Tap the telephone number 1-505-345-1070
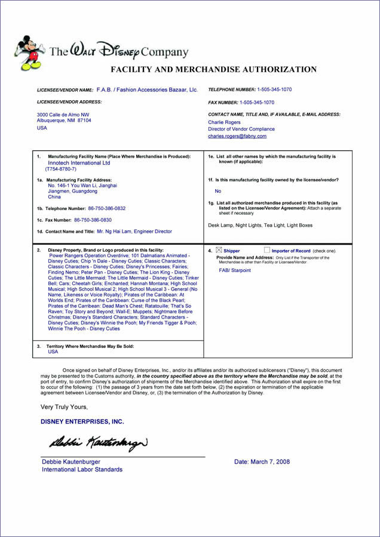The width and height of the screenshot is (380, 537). (x=274, y=89)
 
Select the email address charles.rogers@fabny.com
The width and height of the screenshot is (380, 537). (x=237, y=136)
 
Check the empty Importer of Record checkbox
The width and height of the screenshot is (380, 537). (x=266, y=251)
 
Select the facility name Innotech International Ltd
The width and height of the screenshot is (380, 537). (x=79, y=162)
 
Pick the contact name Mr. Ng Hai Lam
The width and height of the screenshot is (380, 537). (x=118, y=231)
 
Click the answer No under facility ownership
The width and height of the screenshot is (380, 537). (x=218, y=191)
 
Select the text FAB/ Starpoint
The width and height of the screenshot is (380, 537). (x=235, y=270)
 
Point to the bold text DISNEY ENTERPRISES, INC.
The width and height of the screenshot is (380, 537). (x=82, y=421)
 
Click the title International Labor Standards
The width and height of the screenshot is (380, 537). (x=82, y=470)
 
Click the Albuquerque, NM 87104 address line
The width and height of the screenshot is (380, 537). (x=64, y=121)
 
